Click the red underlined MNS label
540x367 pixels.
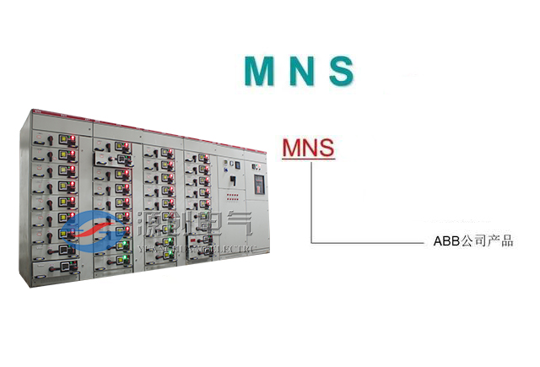pos(308,148)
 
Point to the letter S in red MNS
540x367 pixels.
pos(326,148)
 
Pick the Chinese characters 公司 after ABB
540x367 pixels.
pos(474,242)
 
